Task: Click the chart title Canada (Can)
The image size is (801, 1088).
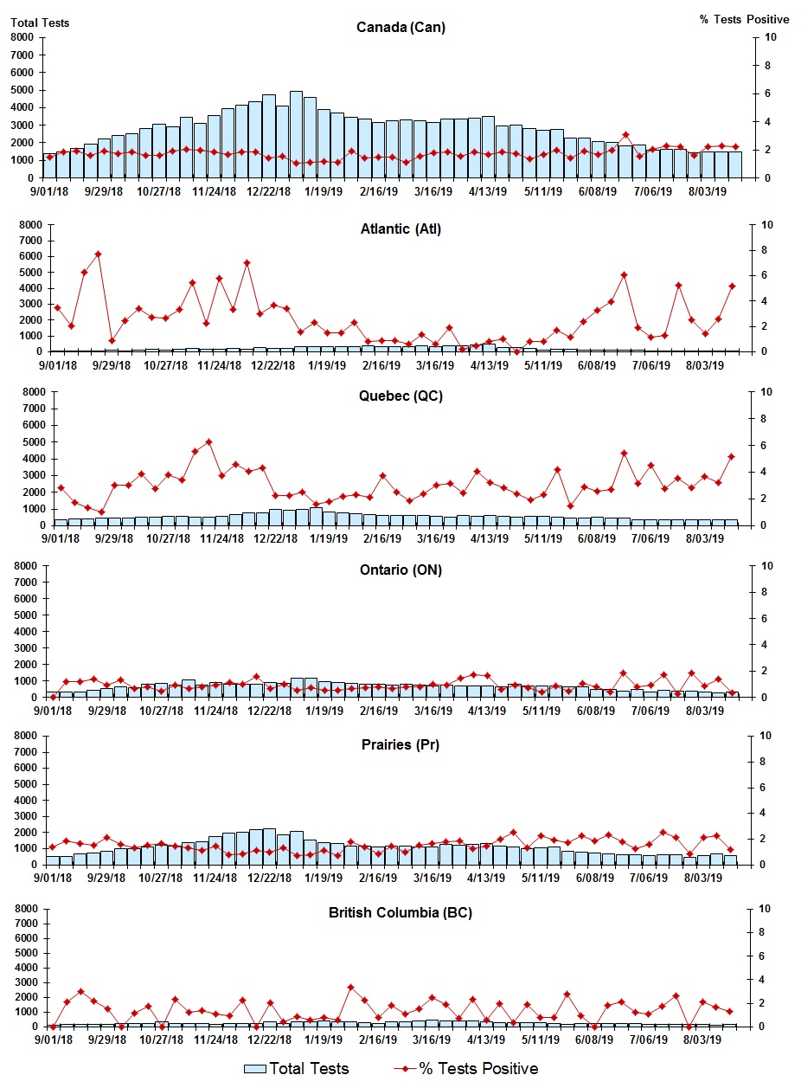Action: tap(400, 27)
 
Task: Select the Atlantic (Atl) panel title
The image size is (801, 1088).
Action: tap(400, 229)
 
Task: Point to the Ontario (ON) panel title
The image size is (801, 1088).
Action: tap(400, 570)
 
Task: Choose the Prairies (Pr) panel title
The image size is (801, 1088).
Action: tap(400, 744)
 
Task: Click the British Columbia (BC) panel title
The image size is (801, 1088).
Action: tap(400, 912)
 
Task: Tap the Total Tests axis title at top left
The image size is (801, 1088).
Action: tap(40, 23)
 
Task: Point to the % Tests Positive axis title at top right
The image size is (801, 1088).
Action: tap(744, 19)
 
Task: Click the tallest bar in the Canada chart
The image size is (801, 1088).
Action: tap(296, 134)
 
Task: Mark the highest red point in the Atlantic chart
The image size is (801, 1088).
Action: tap(98, 254)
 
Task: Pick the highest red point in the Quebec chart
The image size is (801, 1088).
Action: tap(208, 441)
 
